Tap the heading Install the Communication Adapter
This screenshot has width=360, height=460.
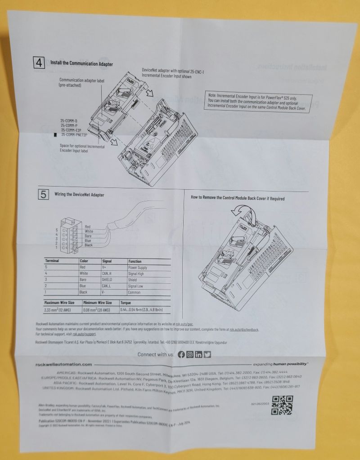point(81,64)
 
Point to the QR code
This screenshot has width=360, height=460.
point(283,405)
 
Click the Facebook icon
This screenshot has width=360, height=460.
point(181,354)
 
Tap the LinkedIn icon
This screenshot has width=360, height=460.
point(198,354)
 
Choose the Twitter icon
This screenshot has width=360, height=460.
point(207,354)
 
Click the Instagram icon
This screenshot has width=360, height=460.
point(190,354)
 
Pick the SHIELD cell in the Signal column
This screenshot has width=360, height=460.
point(110,280)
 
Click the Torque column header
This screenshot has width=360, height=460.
point(126,303)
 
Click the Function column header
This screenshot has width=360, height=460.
point(135,261)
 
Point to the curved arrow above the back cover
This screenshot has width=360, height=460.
point(240,210)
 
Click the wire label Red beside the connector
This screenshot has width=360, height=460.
point(87,226)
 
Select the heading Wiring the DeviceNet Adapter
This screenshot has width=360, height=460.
point(79,195)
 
